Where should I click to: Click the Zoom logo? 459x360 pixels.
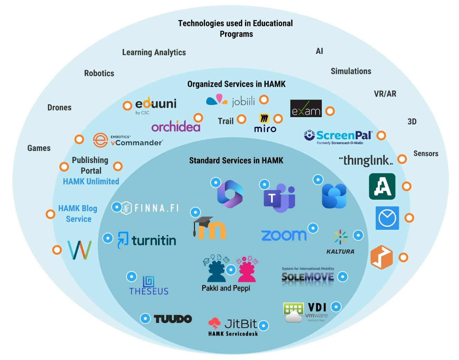[x=284, y=235]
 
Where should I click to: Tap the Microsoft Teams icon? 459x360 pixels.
[x=279, y=198]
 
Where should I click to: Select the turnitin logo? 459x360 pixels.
[x=147, y=240]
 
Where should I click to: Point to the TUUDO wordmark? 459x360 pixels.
[x=172, y=319]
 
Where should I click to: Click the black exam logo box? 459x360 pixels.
[x=306, y=108]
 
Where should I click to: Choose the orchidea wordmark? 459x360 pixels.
[x=176, y=127]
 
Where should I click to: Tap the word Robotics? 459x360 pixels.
[x=99, y=73]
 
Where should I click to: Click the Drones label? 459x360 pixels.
[x=59, y=107]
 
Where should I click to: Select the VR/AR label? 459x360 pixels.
[x=385, y=94]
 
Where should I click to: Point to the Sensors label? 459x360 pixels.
[x=426, y=153]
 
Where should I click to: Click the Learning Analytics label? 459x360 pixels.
[x=154, y=52]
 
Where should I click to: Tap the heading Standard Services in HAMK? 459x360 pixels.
[x=236, y=160]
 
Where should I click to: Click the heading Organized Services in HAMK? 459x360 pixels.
[x=236, y=84]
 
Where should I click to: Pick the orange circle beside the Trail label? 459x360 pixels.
[x=241, y=119]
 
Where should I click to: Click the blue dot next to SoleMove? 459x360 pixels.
[x=343, y=276]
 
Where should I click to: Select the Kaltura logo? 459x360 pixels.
[x=340, y=242]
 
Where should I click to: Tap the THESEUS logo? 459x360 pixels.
[x=149, y=286]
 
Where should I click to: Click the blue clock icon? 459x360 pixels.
[x=387, y=218]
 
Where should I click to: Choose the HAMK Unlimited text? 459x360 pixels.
[x=91, y=181]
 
